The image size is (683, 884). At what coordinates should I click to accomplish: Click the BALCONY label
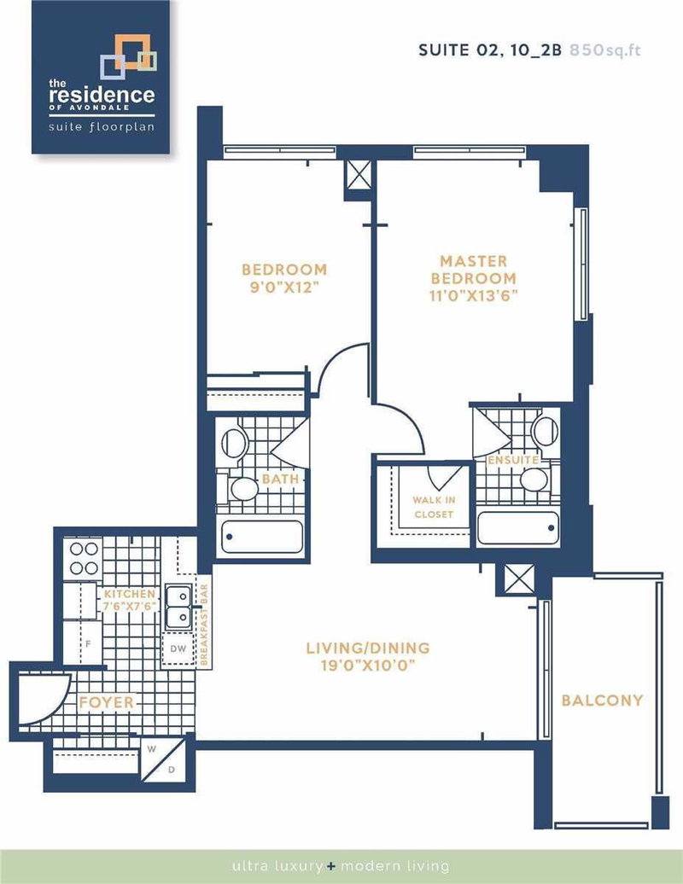tap(602, 701)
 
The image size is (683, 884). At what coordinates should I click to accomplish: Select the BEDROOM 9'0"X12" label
tap(283, 278)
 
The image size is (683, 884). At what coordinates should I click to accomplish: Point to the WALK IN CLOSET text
tap(433, 506)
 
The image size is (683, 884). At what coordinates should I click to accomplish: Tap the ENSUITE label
tap(512, 460)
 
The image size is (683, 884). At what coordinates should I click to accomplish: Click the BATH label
tap(280, 479)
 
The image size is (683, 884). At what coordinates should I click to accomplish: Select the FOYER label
tap(107, 703)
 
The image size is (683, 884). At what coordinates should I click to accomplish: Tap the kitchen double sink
tap(178, 606)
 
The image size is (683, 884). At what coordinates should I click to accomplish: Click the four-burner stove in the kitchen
tap(85, 558)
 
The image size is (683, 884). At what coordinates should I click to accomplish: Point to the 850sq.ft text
tap(608, 49)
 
